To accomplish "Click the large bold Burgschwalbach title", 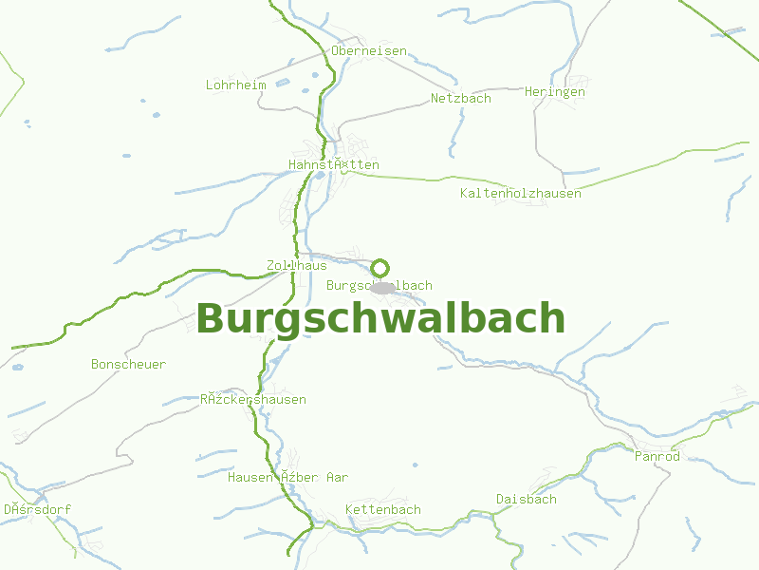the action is point(380,318).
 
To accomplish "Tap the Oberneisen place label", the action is point(369,50).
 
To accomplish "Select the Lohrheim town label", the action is point(236,85).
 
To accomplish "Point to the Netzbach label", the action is point(461,98).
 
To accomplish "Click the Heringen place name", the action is point(555,92).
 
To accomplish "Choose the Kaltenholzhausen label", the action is point(520,193).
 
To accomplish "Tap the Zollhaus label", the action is point(297,265).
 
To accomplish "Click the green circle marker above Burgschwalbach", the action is point(380,268).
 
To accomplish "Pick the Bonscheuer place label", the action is point(128,364).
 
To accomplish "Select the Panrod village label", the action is point(657,456).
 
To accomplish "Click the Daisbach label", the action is point(527,499).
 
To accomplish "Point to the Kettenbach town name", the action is point(383,509).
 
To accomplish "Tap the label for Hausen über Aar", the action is point(287,477).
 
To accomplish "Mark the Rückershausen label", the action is point(253,399).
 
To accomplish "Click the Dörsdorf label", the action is point(37,509).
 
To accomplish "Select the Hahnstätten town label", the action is point(334,164).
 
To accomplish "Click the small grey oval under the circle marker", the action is point(381,287).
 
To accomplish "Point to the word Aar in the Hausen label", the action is point(337,477).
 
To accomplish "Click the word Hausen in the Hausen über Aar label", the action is point(250,477).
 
